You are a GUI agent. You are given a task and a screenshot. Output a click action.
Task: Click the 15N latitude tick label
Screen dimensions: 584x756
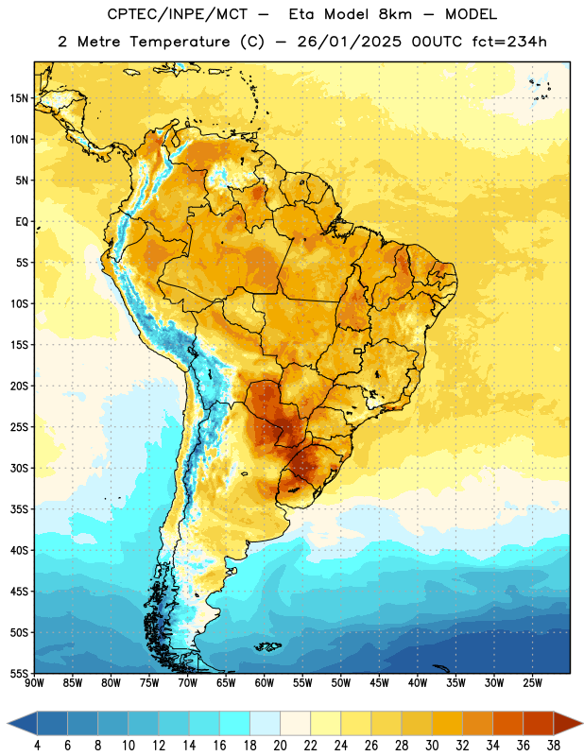pos(19,98)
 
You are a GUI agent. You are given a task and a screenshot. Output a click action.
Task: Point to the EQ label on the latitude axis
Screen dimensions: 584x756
pos(22,222)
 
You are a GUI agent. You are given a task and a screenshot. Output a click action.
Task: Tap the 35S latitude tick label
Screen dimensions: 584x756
pos(19,509)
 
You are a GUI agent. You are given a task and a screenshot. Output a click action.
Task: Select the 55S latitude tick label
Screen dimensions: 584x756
pos(19,673)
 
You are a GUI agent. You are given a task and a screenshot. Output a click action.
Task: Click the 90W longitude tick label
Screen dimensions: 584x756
pos(34,682)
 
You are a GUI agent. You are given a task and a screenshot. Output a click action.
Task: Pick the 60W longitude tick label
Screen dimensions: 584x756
pos(265,682)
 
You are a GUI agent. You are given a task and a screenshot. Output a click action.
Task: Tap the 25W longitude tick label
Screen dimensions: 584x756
pos(532,682)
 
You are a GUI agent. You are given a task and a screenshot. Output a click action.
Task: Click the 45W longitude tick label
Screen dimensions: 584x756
pos(379,682)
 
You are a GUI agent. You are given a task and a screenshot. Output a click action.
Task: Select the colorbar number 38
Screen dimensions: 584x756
pos(554,746)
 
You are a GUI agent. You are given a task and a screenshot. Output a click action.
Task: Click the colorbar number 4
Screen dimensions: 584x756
pos(37,746)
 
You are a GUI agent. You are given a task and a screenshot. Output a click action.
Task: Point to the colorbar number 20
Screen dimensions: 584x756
pos(280,746)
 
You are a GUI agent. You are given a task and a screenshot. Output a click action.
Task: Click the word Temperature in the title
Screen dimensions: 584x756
pos(180,42)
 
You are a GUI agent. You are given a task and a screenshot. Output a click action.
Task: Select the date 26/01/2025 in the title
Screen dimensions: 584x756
pos(349,42)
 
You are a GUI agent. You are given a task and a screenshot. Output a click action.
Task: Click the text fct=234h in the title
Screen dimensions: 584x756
pos(509,42)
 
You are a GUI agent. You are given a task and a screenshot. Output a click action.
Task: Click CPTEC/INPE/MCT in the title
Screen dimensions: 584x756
pos(178,14)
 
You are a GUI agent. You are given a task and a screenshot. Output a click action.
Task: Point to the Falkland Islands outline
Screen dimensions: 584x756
pos(268,646)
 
